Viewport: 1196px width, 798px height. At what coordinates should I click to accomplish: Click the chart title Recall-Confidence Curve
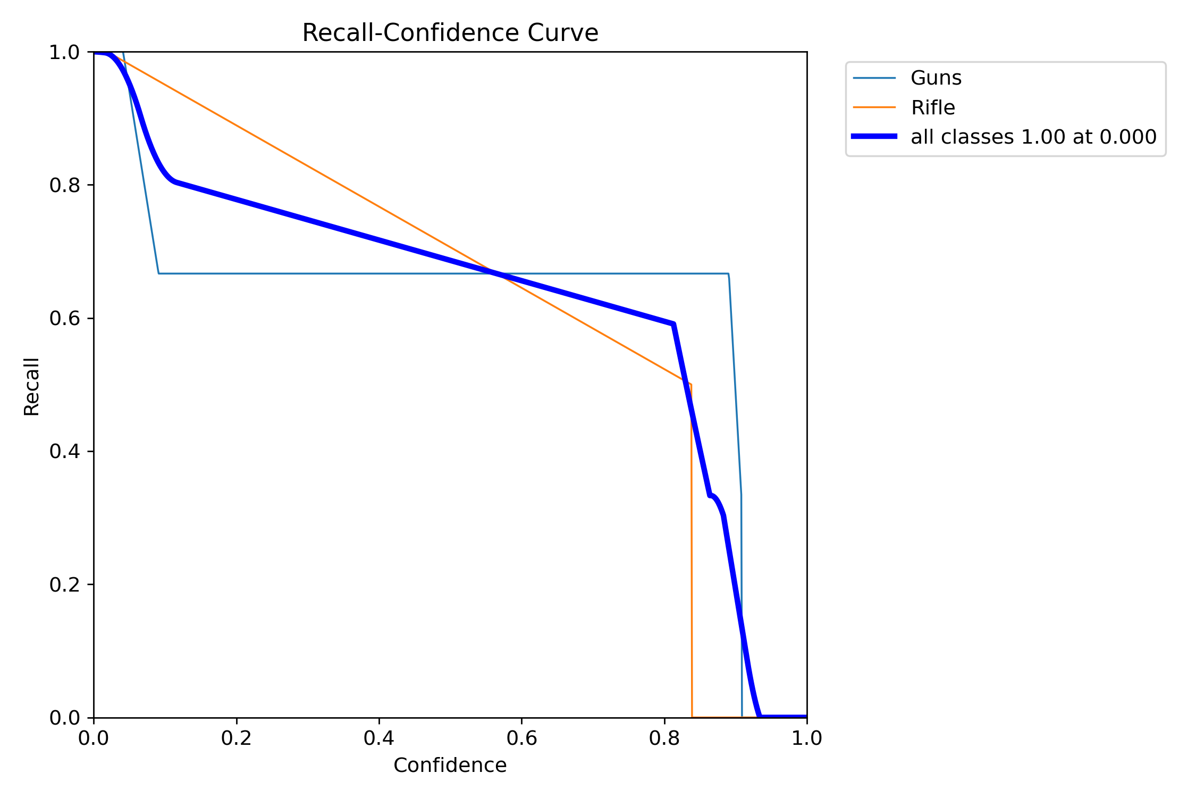(x=450, y=33)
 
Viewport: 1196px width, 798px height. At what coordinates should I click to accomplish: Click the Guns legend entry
(x=936, y=78)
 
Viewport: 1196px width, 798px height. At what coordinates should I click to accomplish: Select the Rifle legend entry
(x=932, y=108)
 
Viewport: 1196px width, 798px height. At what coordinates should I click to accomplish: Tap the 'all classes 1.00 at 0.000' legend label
(x=1033, y=137)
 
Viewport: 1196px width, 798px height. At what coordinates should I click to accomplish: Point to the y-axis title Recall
(x=32, y=386)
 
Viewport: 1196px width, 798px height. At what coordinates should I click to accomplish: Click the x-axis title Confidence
(x=450, y=766)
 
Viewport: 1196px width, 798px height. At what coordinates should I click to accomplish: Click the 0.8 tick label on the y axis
(x=64, y=185)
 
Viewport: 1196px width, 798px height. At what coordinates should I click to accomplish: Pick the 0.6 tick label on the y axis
(x=64, y=318)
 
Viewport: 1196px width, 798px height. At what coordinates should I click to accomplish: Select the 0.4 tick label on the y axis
(x=64, y=451)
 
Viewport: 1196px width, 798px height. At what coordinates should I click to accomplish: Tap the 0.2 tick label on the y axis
(x=64, y=584)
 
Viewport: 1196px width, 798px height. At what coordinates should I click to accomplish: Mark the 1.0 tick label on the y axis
(x=64, y=52)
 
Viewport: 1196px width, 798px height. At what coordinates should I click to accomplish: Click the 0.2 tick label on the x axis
(x=237, y=738)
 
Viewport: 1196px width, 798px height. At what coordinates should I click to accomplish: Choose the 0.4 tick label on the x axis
(x=379, y=738)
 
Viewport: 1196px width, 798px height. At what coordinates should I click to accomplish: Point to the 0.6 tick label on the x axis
(x=521, y=738)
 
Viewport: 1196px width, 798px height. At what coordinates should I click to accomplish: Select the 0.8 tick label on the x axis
(x=664, y=738)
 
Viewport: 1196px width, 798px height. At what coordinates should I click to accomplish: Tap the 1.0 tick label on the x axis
(x=807, y=738)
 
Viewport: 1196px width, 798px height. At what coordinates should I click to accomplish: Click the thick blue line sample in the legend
(x=874, y=137)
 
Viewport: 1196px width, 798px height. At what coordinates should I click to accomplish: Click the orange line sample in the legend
(x=874, y=107)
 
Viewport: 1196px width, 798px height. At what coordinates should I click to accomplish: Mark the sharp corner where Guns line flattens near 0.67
(x=158, y=273)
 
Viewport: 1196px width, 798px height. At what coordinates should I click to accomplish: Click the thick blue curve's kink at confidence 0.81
(x=673, y=323)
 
